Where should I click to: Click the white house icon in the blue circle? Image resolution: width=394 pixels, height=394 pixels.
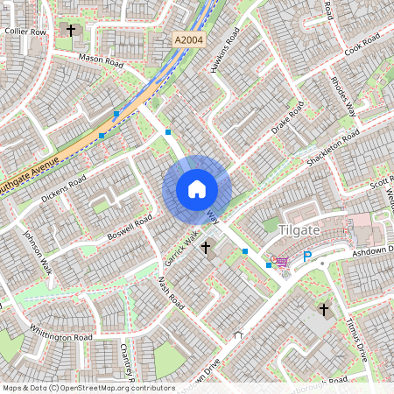pyautogui.click(x=197, y=189)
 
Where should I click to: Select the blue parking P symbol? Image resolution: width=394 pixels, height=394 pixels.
pyautogui.click(x=307, y=257)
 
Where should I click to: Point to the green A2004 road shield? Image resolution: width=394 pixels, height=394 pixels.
pyautogui.click(x=187, y=40)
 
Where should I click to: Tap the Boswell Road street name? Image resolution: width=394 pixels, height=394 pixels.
pyautogui.click(x=130, y=225)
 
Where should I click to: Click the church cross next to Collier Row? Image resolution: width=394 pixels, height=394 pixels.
pyautogui.click(x=71, y=32)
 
